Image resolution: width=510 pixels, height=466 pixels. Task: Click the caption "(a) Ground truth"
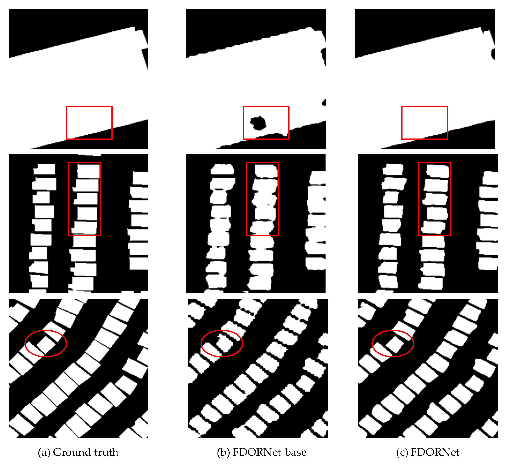(78, 452)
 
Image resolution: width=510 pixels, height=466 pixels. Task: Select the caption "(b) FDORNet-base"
(262, 452)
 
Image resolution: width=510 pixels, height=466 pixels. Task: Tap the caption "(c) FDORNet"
(427, 452)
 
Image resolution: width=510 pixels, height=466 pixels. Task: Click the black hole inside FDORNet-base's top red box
(258, 123)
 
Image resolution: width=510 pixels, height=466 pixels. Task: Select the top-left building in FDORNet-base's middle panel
(223, 169)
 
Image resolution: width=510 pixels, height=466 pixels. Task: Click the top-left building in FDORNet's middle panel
(393, 169)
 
